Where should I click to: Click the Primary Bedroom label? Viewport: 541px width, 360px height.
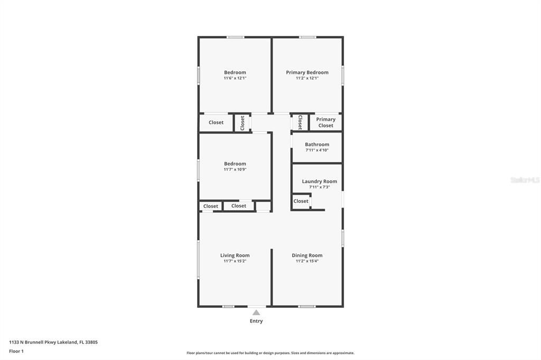pos(307,72)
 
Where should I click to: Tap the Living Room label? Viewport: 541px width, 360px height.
pos(235,255)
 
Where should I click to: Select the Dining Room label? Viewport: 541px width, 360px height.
pos(307,255)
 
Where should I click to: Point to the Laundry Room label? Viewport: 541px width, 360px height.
pos(319,182)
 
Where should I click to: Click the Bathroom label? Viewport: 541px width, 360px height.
pos(317,145)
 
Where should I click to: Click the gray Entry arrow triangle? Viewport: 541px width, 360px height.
pos(256,312)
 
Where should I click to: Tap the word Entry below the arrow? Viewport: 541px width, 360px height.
pos(256,321)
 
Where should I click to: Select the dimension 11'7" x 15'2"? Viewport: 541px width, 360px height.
pos(235,261)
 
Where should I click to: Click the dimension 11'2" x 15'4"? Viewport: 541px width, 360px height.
pos(307,261)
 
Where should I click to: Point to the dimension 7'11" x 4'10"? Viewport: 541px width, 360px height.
pos(317,150)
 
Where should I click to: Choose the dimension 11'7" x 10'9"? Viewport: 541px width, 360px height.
pos(235,169)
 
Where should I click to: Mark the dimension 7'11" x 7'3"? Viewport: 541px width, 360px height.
pos(319,187)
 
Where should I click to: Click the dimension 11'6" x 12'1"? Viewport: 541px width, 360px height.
pos(235,78)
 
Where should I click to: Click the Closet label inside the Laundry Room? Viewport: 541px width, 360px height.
pos(301,201)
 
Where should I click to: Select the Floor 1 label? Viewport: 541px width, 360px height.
pos(16,351)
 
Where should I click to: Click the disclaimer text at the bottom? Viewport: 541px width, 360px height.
pos(270,353)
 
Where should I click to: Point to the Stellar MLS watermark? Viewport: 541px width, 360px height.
pos(525,180)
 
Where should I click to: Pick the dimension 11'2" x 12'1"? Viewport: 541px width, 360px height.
pos(307,78)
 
